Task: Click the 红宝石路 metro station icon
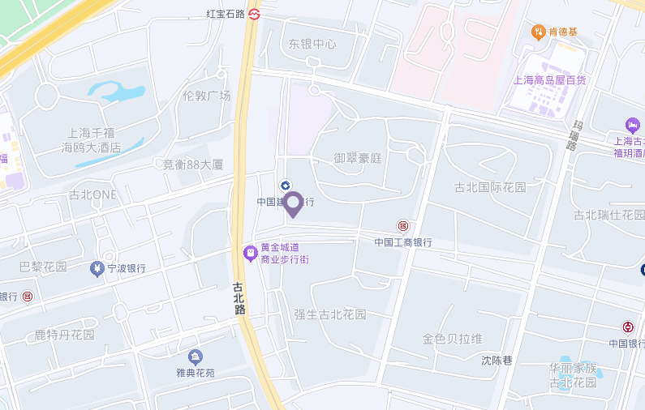tap(254, 14)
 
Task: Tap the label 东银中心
tap(312, 44)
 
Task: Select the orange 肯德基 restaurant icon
tap(537, 32)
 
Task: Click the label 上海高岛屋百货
tap(549, 79)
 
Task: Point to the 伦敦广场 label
tap(207, 96)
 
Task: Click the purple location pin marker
tap(293, 203)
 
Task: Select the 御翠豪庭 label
tap(357, 158)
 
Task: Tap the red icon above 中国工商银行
tap(402, 225)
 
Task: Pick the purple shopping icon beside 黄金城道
tap(251, 254)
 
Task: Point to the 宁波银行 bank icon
tap(97, 268)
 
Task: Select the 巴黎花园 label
tap(43, 267)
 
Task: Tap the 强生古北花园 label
tap(330, 314)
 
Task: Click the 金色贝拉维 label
tap(452, 338)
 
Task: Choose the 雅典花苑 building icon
tap(195, 357)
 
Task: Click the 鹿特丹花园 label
tap(65, 334)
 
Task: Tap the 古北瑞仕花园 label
tap(608, 215)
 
